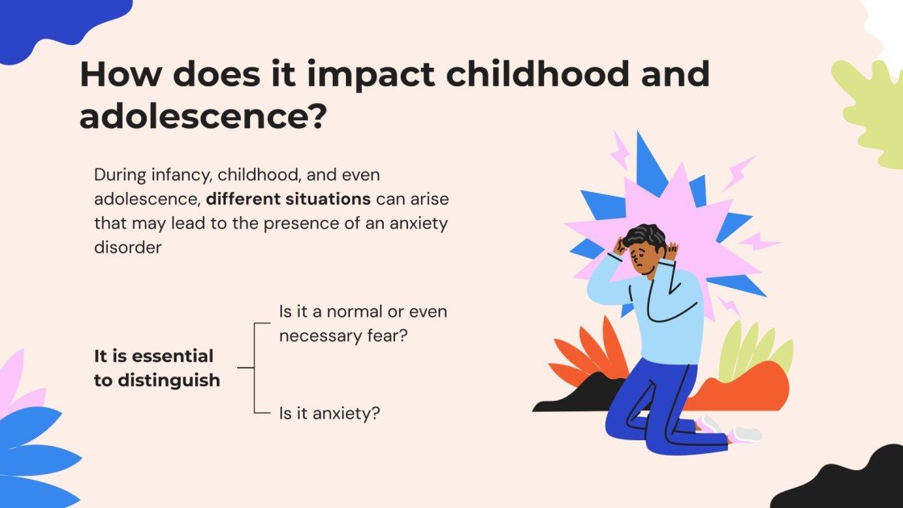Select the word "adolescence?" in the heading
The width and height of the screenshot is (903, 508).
[x=202, y=117]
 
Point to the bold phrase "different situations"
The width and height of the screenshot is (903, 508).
[x=288, y=198]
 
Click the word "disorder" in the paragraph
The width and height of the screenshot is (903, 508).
[x=128, y=248]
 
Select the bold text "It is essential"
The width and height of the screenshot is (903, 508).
[x=153, y=356]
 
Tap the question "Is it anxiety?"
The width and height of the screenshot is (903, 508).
[x=329, y=414]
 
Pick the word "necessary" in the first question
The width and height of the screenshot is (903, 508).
[x=317, y=335]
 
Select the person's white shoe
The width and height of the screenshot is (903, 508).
[x=747, y=434]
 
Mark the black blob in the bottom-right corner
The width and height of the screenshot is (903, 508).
[x=847, y=484]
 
